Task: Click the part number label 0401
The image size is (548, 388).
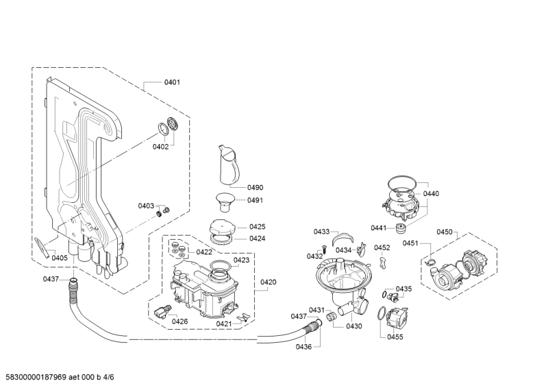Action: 172,82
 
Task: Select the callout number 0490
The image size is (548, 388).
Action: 255,188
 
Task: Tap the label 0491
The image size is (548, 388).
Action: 255,200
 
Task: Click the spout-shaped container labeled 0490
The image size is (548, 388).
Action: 229,165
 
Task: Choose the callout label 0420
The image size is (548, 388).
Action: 268,282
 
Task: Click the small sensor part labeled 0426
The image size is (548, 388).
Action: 162,311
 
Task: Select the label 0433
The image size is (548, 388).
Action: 321,232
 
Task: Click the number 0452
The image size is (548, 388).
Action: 382,247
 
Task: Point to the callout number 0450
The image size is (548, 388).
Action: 445,232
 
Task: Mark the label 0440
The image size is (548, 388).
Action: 431,193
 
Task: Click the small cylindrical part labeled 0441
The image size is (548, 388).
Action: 400,228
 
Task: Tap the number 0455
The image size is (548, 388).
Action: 395,337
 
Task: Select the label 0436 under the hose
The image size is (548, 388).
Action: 303,347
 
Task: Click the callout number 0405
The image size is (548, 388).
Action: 60,258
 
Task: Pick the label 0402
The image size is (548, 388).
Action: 160,147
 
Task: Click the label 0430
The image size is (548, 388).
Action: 354,326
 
